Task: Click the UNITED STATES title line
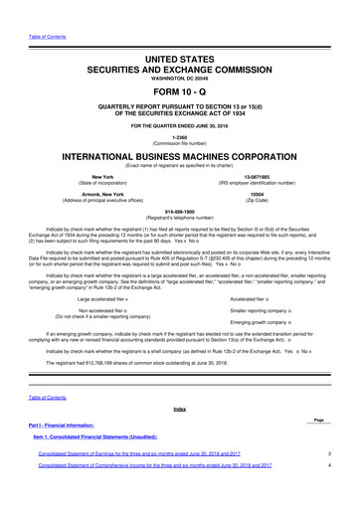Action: (x=180, y=33)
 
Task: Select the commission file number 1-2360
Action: (x=180, y=137)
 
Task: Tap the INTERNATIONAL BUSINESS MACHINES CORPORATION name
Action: (x=180, y=159)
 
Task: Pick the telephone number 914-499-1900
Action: (x=180, y=211)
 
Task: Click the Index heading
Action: (x=180, y=409)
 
